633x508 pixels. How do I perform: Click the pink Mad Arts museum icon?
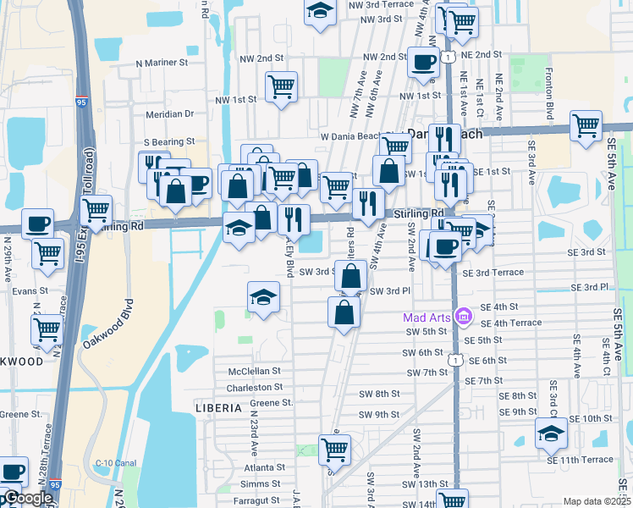[x=462, y=317]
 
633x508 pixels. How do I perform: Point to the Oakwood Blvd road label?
[x=108, y=324]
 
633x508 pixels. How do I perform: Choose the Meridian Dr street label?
[x=169, y=113]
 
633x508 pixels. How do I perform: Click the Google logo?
[x=27, y=499]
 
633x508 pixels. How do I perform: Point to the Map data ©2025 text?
[x=597, y=501]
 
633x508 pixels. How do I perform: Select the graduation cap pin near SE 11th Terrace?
[x=551, y=434]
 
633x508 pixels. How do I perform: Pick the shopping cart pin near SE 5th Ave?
[x=586, y=126]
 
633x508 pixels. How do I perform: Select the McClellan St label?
[x=255, y=371]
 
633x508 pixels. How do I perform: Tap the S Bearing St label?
[x=169, y=141]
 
